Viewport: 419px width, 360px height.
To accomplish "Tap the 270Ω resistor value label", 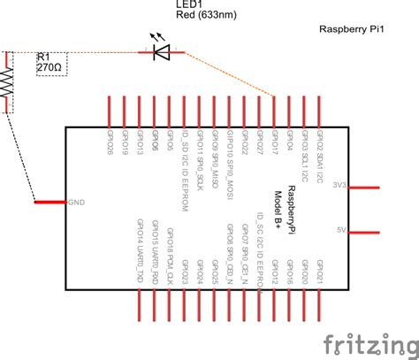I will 50,69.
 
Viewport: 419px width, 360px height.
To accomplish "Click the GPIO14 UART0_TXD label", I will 140,241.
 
